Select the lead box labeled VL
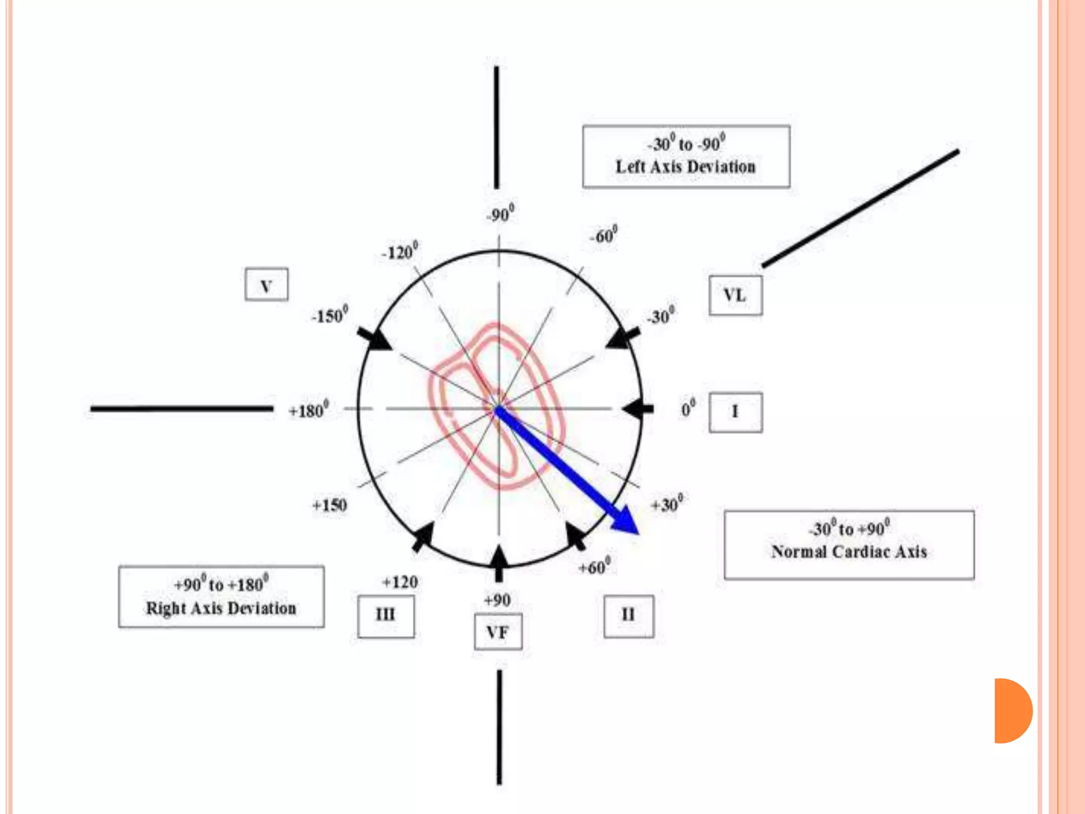coord(735,295)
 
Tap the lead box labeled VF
coord(498,632)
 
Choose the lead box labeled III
coord(386,616)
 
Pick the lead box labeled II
coord(628,616)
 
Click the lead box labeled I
coord(735,412)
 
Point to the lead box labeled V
coord(266,285)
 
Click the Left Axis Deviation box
coord(686,156)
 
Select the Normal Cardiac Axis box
coord(849,545)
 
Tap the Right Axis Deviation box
coord(221,597)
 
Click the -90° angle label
coord(500,214)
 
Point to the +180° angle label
coord(308,410)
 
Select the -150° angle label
coord(330,315)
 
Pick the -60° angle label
coord(603,235)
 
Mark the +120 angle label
coord(400,582)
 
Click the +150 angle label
coord(330,505)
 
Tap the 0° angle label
coord(688,409)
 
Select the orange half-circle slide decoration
coord(1012,711)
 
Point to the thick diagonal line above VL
coord(860,208)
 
